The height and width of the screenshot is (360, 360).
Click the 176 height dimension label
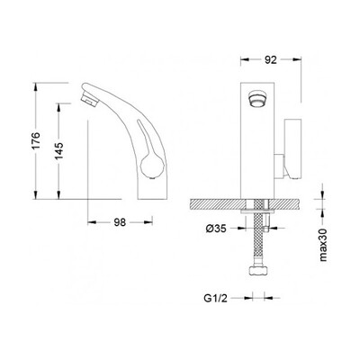click(x=36, y=140)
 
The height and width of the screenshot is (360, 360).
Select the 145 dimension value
click(x=59, y=151)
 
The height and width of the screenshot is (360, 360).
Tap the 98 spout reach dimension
click(x=120, y=222)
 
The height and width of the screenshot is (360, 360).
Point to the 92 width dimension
click(x=271, y=60)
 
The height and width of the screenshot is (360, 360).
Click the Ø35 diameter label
click(x=216, y=229)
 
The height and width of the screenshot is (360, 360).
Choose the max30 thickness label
click(x=323, y=244)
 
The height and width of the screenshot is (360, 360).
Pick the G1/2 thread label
click(x=216, y=298)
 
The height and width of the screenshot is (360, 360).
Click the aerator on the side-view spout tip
click(x=89, y=99)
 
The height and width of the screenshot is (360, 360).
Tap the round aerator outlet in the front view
click(x=258, y=99)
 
